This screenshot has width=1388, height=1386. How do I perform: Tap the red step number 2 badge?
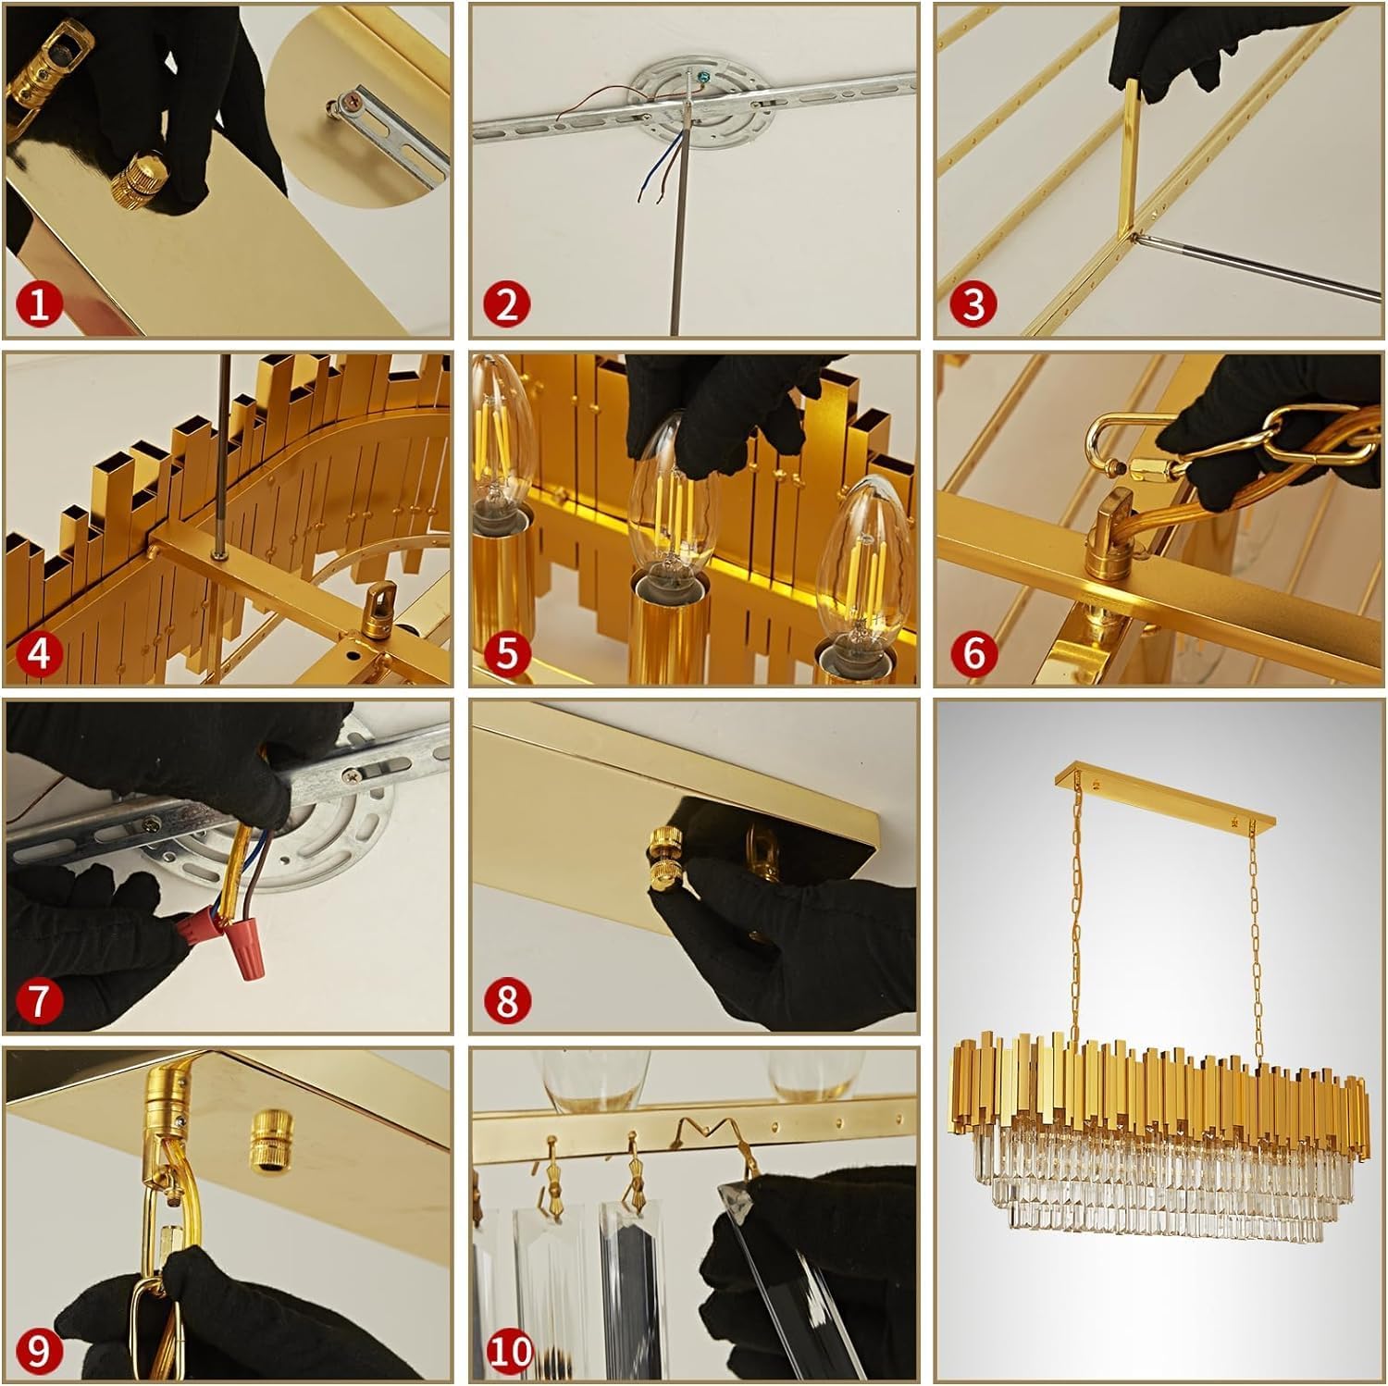[506, 303]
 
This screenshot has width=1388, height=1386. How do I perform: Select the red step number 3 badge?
[973, 303]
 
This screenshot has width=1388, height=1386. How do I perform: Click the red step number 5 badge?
[506, 652]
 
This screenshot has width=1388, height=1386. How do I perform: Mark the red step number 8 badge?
[506, 1000]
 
